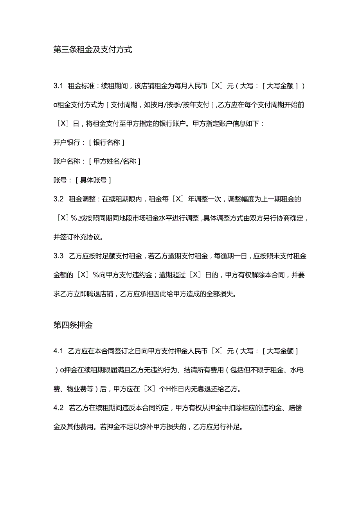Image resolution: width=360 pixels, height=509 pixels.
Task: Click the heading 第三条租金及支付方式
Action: [92, 50]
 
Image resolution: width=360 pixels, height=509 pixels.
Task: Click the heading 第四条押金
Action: [73, 325]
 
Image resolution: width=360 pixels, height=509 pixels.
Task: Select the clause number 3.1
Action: [58, 86]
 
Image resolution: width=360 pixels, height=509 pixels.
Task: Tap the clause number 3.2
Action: [58, 199]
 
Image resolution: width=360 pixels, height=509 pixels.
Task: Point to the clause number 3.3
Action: [58, 256]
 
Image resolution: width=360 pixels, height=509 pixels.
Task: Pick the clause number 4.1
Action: [58, 351]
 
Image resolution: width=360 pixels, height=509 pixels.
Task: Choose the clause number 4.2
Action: [58, 408]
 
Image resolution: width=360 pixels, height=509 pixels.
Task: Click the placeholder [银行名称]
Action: [106, 143]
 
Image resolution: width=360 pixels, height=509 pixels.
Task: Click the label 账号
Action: [60, 180]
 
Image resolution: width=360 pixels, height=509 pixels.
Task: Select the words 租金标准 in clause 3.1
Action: [81, 86]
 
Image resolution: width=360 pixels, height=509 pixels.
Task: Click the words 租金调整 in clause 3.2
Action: [81, 199]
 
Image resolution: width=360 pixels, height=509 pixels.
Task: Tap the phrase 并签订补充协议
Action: [80, 237]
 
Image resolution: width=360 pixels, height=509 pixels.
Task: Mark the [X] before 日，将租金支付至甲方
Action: [63, 124]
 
